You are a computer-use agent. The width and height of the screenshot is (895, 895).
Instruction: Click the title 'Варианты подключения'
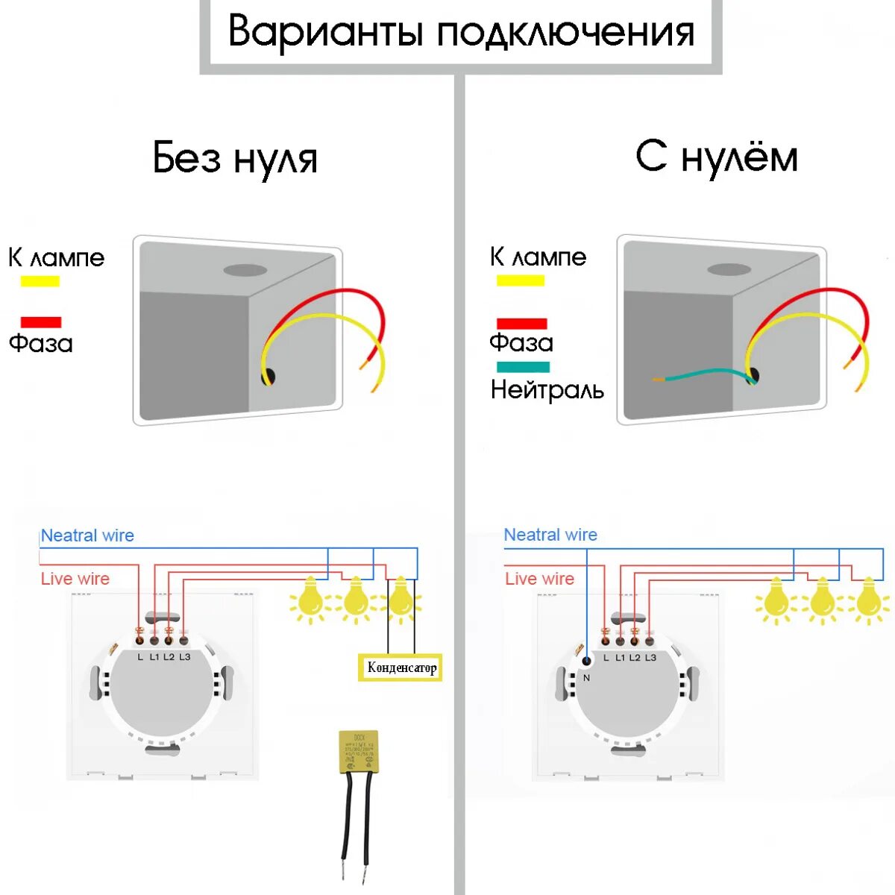click(x=461, y=32)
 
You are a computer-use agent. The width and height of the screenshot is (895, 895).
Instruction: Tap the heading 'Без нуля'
click(x=235, y=158)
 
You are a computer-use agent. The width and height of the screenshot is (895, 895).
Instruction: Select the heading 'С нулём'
click(x=717, y=157)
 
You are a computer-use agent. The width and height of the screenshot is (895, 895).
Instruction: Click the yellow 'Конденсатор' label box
click(x=401, y=668)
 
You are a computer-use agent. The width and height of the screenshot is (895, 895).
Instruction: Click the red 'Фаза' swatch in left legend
click(x=41, y=322)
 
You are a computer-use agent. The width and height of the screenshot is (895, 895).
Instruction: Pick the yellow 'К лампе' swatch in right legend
click(x=521, y=281)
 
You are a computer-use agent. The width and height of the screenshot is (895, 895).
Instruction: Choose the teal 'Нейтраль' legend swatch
click(x=523, y=367)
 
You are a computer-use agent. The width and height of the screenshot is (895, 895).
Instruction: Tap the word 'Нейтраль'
click(x=547, y=389)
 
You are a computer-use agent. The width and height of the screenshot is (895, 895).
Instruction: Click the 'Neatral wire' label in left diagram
click(x=87, y=536)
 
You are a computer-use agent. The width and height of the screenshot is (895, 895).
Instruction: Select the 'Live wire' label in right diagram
click(x=539, y=579)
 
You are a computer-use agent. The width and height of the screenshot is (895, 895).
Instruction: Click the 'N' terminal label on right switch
click(x=586, y=678)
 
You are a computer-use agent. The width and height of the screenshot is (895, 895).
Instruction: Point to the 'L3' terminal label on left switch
click(x=184, y=657)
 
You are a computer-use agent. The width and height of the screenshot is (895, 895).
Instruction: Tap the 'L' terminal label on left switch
click(x=140, y=657)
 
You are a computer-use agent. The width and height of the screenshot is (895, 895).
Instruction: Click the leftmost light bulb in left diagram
click(x=310, y=599)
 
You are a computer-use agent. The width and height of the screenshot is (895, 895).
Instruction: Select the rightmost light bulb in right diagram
click(x=867, y=600)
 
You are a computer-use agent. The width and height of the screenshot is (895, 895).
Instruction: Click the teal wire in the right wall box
click(x=701, y=374)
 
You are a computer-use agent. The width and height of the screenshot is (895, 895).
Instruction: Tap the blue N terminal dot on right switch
click(x=586, y=661)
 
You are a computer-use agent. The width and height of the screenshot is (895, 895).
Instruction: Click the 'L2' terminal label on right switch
click(x=635, y=658)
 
